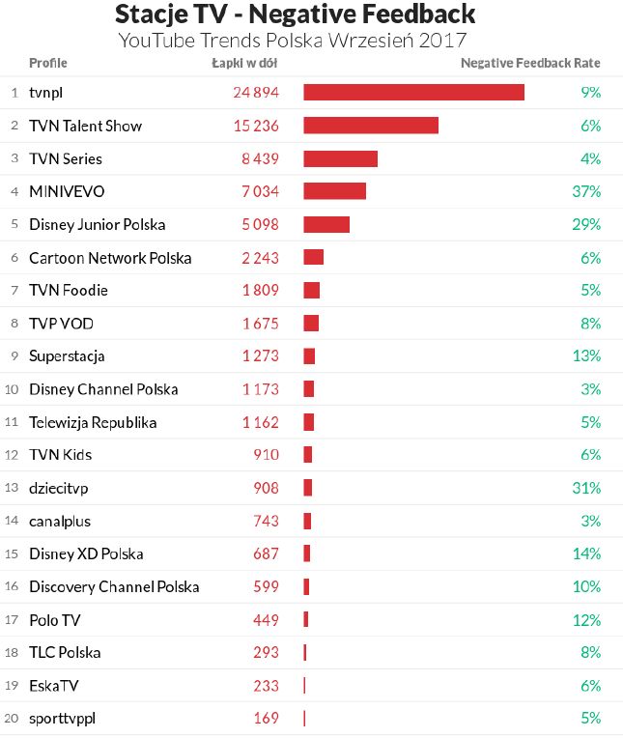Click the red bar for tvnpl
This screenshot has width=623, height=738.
[413, 92]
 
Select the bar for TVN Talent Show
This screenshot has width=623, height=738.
[371, 126]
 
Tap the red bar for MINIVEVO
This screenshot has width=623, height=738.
[334, 191]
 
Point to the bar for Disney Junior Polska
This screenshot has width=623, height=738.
[326, 224]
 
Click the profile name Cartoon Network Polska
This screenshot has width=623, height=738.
[110, 258]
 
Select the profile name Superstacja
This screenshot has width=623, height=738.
[67, 356]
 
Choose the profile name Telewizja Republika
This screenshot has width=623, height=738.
[93, 422]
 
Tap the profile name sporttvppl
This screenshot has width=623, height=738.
[62, 719]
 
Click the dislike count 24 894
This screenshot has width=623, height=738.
[256, 93]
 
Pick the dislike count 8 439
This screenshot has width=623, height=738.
[260, 158]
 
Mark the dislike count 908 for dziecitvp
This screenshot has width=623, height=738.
[266, 488]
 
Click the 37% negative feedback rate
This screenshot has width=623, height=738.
[586, 191]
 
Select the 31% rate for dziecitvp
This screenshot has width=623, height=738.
[586, 488]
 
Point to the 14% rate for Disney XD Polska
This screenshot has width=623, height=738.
[586, 554]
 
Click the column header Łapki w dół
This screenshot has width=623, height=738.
[245, 64]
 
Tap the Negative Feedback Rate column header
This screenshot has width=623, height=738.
[530, 64]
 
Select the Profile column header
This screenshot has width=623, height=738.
[48, 64]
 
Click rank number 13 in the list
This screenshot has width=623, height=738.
[13, 489]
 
